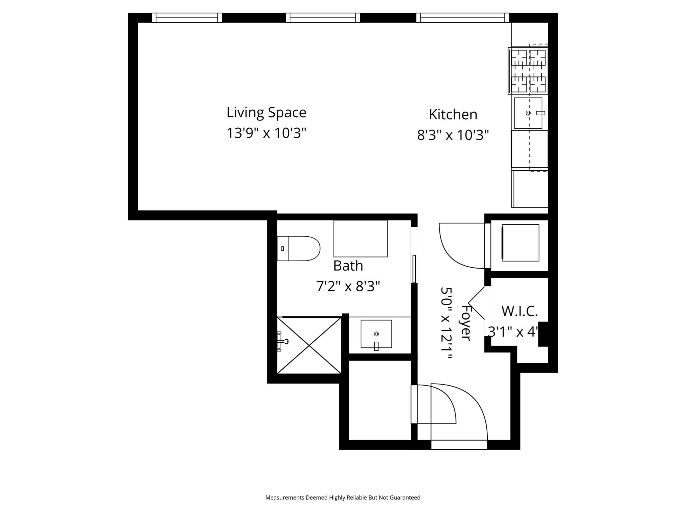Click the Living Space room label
266,113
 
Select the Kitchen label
453,115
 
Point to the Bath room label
348,266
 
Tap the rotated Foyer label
466,322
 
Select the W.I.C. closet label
519,311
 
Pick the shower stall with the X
309,345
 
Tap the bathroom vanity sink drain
376,334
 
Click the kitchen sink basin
528,113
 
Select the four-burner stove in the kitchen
528,71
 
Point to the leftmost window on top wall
187,18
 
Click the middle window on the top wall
323,18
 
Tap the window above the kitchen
463,18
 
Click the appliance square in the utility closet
520,243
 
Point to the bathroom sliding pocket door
414,269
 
